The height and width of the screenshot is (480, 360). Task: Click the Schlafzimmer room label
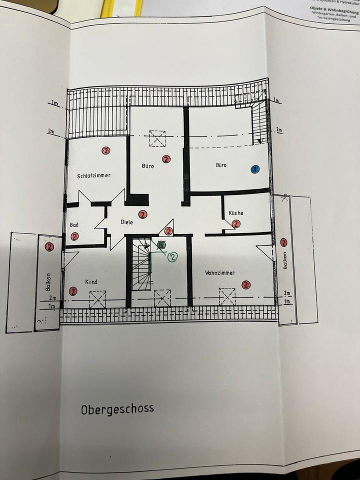[94, 175]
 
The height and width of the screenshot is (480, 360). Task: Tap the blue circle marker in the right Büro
[255, 169]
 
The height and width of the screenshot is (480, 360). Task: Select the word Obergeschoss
[117, 408]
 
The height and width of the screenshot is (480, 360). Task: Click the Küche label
[236, 213]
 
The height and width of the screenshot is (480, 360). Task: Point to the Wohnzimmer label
[219, 272]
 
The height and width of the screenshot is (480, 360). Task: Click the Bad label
[74, 225]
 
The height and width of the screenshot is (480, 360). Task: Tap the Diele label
[127, 222]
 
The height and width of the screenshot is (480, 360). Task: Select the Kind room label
[91, 281]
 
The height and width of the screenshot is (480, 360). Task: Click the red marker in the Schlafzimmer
[105, 150]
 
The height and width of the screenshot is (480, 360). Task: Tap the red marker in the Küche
[236, 224]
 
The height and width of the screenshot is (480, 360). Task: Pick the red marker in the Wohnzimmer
[245, 284]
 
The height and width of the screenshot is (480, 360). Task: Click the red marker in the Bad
[75, 236]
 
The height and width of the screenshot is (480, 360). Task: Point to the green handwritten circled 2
[172, 257]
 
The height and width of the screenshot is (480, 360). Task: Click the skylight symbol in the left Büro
[157, 138]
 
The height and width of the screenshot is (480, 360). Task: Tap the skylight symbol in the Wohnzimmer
[226, 296]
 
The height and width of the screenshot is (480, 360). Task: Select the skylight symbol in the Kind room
[97, 299]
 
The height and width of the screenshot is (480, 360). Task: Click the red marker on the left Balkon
[49, 246]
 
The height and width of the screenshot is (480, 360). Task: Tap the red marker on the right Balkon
[284, 242]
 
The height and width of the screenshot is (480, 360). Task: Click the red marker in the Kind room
[73, 291]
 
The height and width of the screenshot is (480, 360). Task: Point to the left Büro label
[148, 166]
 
